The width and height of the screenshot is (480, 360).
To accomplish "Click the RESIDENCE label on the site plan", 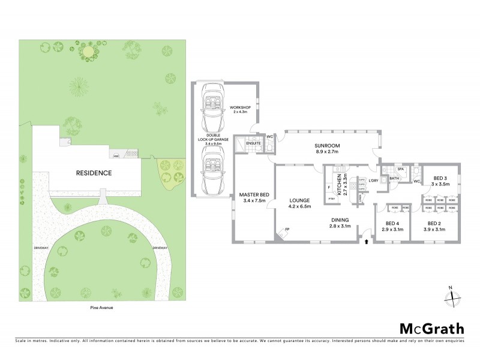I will tap(94, 173).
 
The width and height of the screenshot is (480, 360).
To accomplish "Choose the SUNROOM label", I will tap(327, 146).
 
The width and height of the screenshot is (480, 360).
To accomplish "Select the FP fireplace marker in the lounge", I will tap(287, 229).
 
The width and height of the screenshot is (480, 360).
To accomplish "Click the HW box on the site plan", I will tap(116, 157).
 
